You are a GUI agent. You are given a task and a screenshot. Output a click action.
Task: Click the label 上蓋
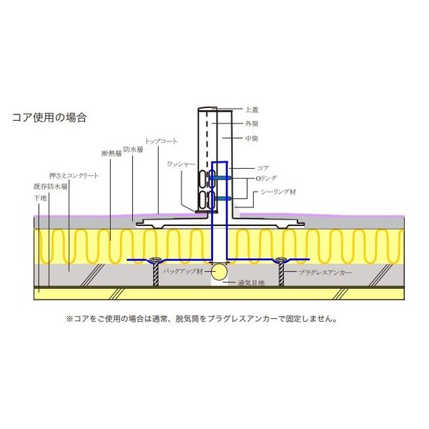pyautogui.click(x=251, y=109)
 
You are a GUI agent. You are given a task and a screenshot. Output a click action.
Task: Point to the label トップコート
pyautogui.click(x=161, y=142)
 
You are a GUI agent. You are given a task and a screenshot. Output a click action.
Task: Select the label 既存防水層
pyautogui.click(x=52, y=186)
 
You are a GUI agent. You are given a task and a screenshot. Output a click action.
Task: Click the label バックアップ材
pyautogui.click(x=184, y=272)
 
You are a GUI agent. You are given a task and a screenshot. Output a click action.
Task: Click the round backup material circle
pyautogui.click(x=220, y=272)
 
